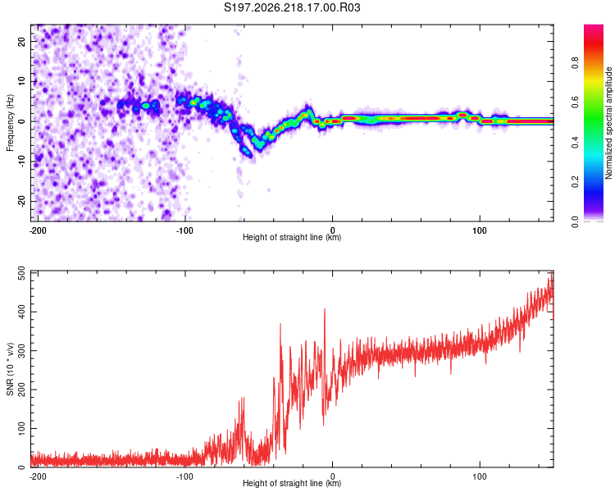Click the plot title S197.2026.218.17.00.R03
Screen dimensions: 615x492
click(292, 7)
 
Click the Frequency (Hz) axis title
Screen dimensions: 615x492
click(10, 123)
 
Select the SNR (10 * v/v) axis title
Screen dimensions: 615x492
click(10, 369)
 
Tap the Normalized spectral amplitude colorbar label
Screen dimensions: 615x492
click(608, 123)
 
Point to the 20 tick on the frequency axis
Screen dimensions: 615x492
click(22, 41)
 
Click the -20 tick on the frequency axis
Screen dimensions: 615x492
click(22, 201)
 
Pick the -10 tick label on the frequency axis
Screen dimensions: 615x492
click(22, 162)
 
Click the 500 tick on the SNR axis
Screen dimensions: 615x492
click(22, 273)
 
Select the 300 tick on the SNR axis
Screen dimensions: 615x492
click(22, 351)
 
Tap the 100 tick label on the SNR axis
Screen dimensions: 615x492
click(22, 428)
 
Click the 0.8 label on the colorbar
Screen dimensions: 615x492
click(575, 63)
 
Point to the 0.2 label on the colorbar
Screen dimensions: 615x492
click(575, 182)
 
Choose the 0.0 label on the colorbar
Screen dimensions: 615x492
click(575, 222)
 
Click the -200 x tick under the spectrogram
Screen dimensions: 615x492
click(38, 230)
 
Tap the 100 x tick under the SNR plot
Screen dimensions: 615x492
click(480, 476)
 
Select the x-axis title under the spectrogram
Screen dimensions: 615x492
click(292, 237)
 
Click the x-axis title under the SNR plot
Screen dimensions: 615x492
click(292, 483)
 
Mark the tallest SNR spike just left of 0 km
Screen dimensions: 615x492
click(325, 310)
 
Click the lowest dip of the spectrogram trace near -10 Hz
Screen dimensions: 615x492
click(248, 154)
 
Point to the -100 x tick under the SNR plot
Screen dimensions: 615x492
click(184, 476)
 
